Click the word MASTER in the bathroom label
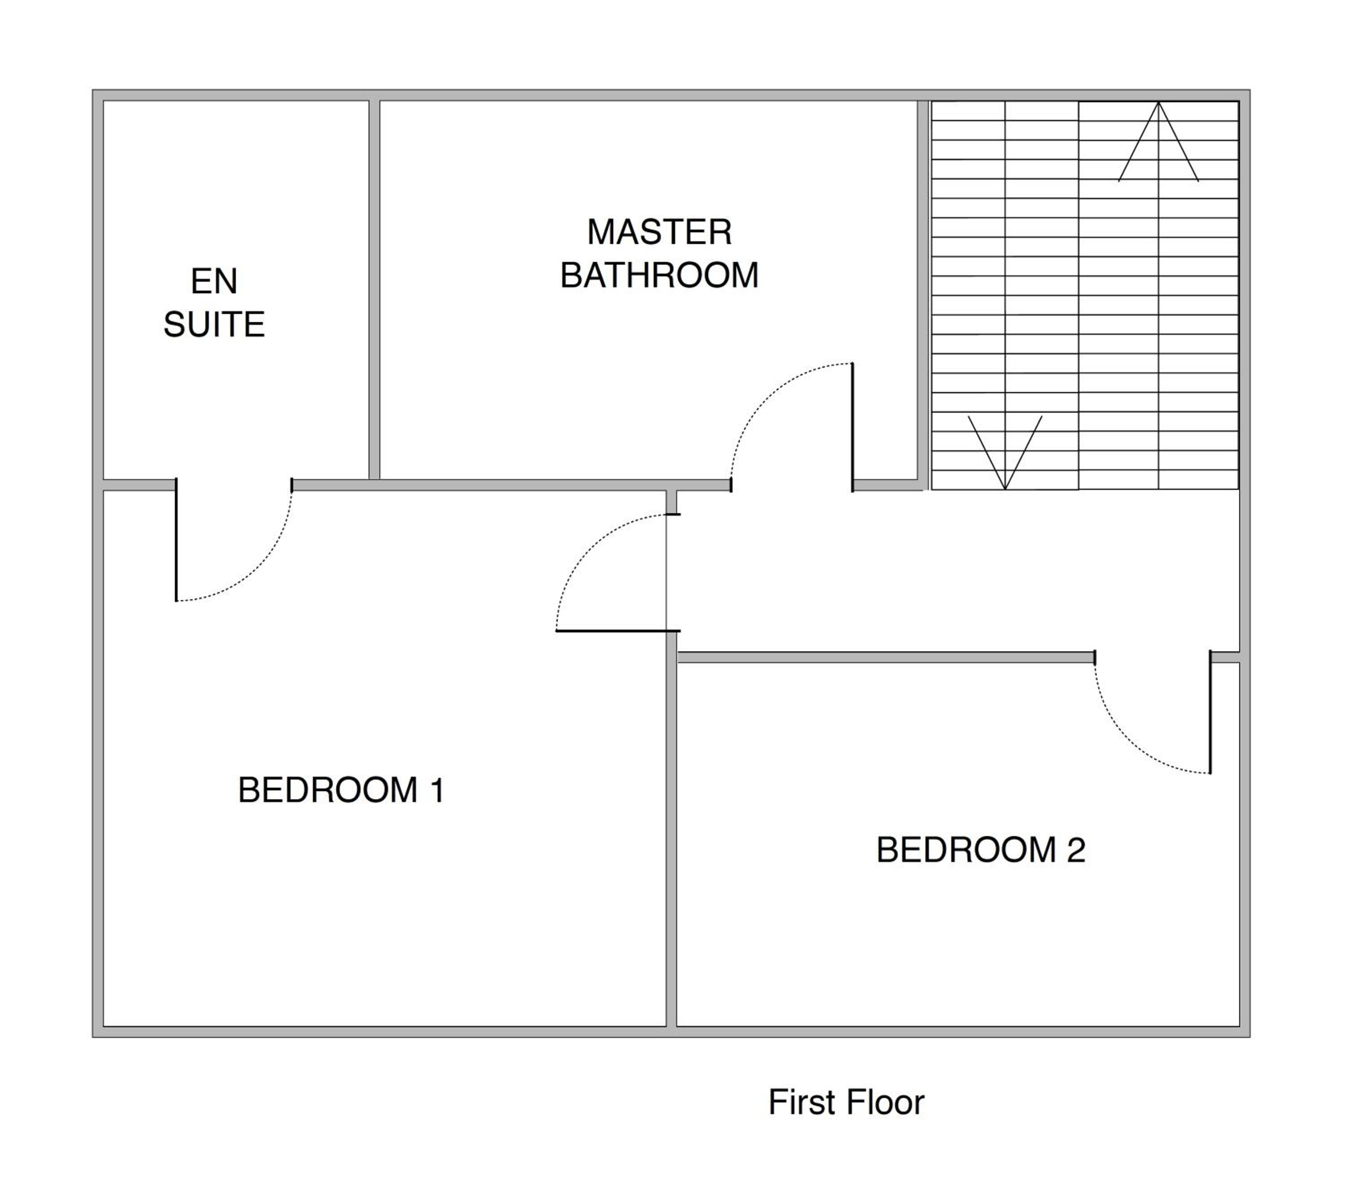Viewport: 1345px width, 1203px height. [659, 232]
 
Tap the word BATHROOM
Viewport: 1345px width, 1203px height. [659, 275]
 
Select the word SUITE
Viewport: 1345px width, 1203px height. [214, 325]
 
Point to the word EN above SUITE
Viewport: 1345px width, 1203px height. [214, 282]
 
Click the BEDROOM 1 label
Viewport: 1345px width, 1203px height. [341, 790]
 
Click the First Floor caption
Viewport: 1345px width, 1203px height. [846, 1103]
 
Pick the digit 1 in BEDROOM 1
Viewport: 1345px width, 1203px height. [437, 790]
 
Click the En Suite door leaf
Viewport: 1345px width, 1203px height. [176, 539]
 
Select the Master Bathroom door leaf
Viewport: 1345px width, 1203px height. [852, 427]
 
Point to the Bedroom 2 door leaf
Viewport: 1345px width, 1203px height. [1210, 712]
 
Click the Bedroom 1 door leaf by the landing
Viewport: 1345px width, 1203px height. [618, 631]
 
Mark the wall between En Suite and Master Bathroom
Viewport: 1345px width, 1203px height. [374, 289]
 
